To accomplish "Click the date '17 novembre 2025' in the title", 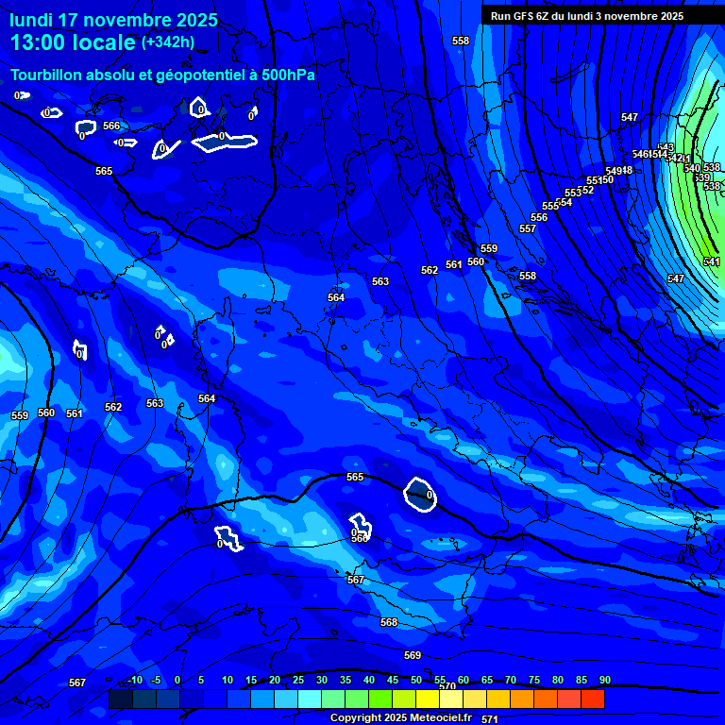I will tap(138, 20).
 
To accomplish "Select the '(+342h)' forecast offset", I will tap(168, 42).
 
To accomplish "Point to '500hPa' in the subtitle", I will tap(285, 75).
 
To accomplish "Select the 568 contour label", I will tap(389, 622).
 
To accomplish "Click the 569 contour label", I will tap(413, 655).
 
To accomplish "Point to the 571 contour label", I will tap(490, 719).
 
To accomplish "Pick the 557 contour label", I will tap(528, 229).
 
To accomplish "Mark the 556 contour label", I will tap(539, 218).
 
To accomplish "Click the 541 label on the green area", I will tap(712, 261).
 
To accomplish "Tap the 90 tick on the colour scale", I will tap(604, 680).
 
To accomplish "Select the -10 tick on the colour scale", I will tap(135, 680).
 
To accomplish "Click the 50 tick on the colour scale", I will tap(416, 680).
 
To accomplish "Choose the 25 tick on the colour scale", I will tap(298, 680).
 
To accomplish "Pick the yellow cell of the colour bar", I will tap(427, 699).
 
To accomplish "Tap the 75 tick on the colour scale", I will tap(534, 680).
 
